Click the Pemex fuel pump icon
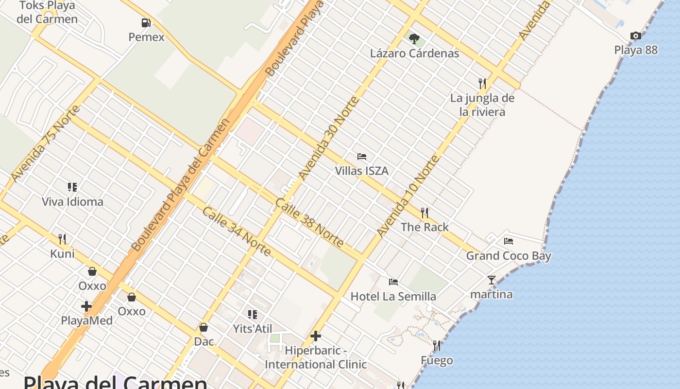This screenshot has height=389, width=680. click(146, 22)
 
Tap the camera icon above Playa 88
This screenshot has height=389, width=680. click(635, 35)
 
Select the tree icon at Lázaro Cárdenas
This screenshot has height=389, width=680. click(414, 38)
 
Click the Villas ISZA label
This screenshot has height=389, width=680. click(361, 171)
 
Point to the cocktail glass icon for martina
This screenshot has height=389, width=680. click(491, 280)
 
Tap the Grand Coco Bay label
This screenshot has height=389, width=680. click(509, 256)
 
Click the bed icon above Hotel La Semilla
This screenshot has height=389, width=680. click(393, 282)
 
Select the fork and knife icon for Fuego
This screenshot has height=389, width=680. click(437, 346)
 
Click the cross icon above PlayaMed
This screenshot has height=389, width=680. click(86, 306)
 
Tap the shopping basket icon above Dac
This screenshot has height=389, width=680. click(204, 327)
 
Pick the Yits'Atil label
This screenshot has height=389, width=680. click(253, 329)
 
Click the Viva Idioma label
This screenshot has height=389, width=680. click(72, 202)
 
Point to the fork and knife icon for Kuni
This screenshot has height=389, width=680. click(62, 239)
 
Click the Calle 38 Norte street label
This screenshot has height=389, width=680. click(309, 222)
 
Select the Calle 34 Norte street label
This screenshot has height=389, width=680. click(236, 231)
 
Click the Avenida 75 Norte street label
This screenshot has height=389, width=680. click(40, 143)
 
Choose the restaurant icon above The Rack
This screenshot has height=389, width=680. click(425, 212)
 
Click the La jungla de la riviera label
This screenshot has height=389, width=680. click(482, 105)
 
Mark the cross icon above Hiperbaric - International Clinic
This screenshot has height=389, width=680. click(316, 336)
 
